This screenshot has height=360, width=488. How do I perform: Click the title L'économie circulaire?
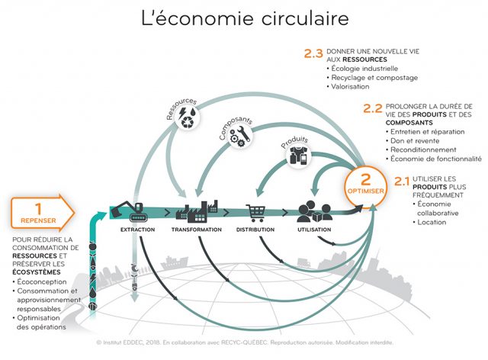pos(244,20)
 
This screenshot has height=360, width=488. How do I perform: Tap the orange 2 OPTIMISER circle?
pos(365,184)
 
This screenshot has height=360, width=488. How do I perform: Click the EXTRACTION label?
pos(138,230)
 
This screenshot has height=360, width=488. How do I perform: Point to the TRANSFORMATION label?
pos(196,230)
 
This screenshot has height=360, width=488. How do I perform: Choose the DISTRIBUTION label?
pos(255,230)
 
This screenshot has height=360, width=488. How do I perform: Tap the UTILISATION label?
pos(314,230)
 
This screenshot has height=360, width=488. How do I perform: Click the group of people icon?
pos(313,211)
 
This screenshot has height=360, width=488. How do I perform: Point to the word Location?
pos(432,222)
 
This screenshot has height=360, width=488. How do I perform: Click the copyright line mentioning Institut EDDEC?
pos(244,344)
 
